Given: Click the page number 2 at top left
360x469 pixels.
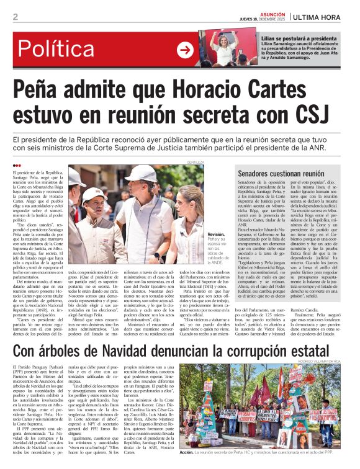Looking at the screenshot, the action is tap(16, 17).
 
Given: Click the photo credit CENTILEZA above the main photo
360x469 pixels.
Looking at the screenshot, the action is tap(195, 162).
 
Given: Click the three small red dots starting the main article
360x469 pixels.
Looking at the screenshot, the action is tap(17, 164).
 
